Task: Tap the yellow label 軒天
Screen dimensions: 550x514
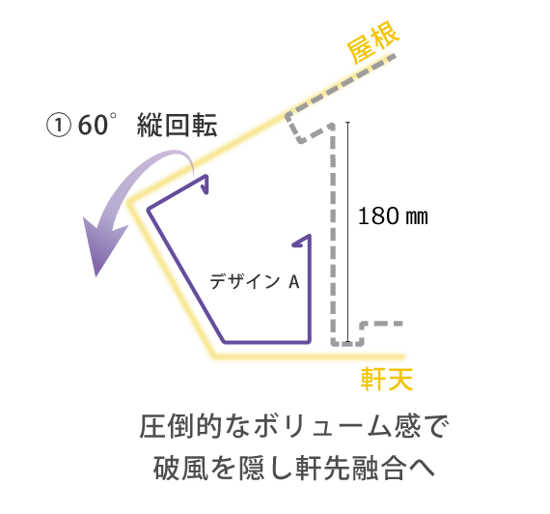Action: (x=387, y=379)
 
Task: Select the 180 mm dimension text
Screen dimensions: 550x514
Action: (x=393, y=215)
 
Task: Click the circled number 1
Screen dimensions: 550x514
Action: (x=59, y=126)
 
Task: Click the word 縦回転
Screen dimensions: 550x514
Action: (x=177, y=125)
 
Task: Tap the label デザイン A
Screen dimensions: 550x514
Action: (x=255, y=282)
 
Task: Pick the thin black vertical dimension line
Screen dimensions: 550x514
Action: (x=348, y=232)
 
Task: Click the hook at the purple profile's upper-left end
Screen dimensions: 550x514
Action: (x=205, y=185)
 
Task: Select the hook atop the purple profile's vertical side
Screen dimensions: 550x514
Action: (x=302, y=241)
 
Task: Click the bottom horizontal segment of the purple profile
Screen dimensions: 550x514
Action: (x=266, y=341)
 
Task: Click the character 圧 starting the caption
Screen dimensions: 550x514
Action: (x=153, y=426)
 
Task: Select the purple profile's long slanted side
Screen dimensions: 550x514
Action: (x=185, y=275)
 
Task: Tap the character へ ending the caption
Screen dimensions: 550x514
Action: (x=422, y=469)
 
